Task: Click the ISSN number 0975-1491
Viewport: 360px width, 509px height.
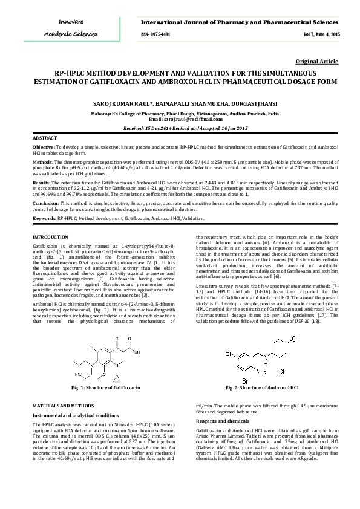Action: click(155, 34)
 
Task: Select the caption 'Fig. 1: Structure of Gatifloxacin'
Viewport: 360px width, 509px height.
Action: click(106, 386)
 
